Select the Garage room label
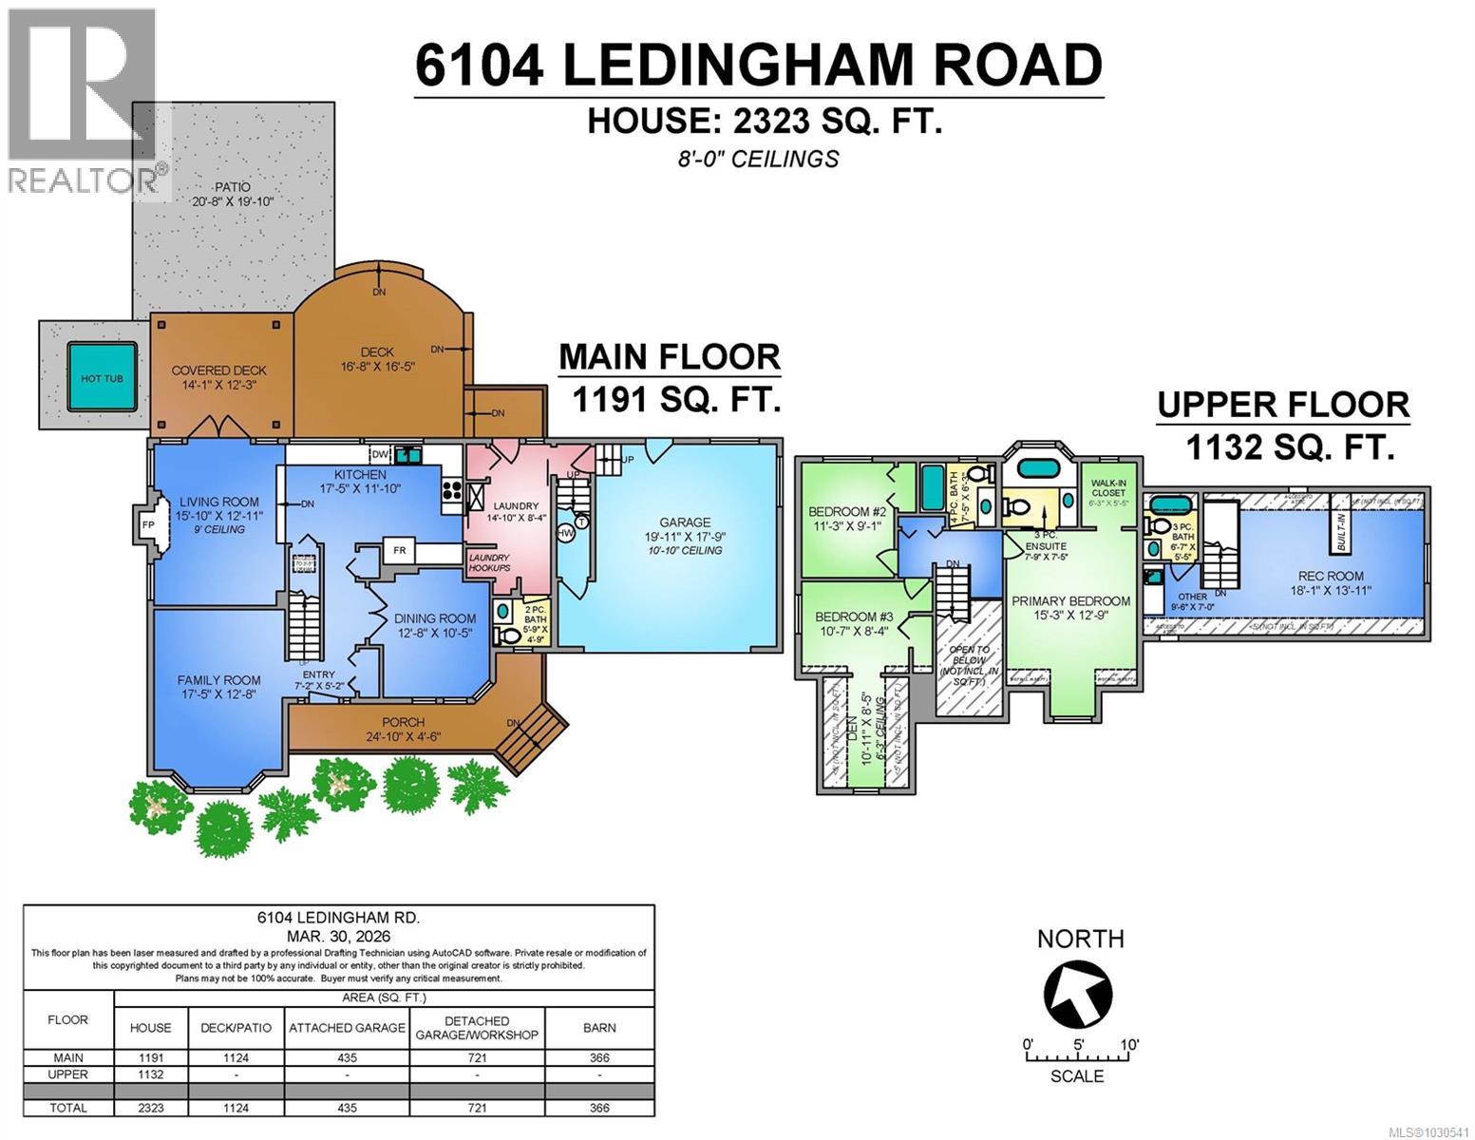[685, 522]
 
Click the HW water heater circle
[566, 534]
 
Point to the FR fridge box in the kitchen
[400, 550]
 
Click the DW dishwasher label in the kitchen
[380, 455]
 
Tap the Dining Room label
[435, 618]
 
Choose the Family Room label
[218, 680]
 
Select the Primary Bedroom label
[1070, 600]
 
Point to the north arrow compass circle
[1078, 994]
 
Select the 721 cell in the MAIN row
[477, 1057]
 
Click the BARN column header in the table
[599, 1027]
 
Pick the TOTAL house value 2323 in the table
[150, 1108]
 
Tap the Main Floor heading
[669, 357]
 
